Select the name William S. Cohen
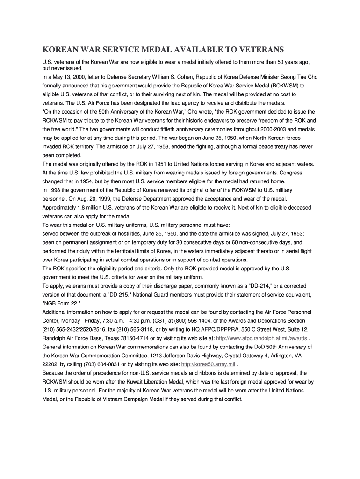coord(183,77)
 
